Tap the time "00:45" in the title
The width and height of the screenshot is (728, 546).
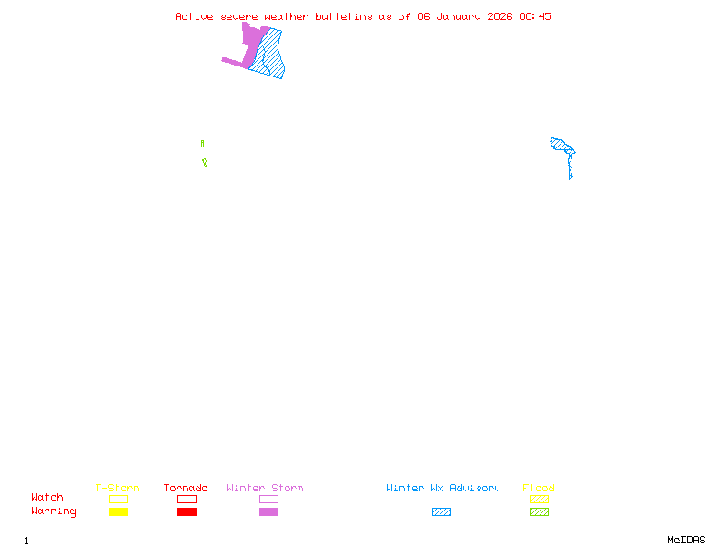point(535,16)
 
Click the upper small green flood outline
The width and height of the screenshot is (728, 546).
point(202,144)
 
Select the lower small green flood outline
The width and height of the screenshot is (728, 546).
point(205,163)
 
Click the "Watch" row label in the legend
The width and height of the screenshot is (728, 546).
point(47,498)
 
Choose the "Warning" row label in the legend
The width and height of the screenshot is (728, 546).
point(54,511)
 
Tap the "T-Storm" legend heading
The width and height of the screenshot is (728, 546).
point(117,489)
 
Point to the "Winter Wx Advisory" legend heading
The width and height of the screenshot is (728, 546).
point(443,489)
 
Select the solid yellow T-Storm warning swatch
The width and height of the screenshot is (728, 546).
point(118,512)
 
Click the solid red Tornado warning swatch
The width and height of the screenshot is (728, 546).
point(187,512)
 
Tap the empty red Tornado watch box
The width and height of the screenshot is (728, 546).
point(187,499)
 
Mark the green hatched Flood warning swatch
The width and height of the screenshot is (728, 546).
point(539,512)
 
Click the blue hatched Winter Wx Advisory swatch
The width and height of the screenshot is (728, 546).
point(441,512)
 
